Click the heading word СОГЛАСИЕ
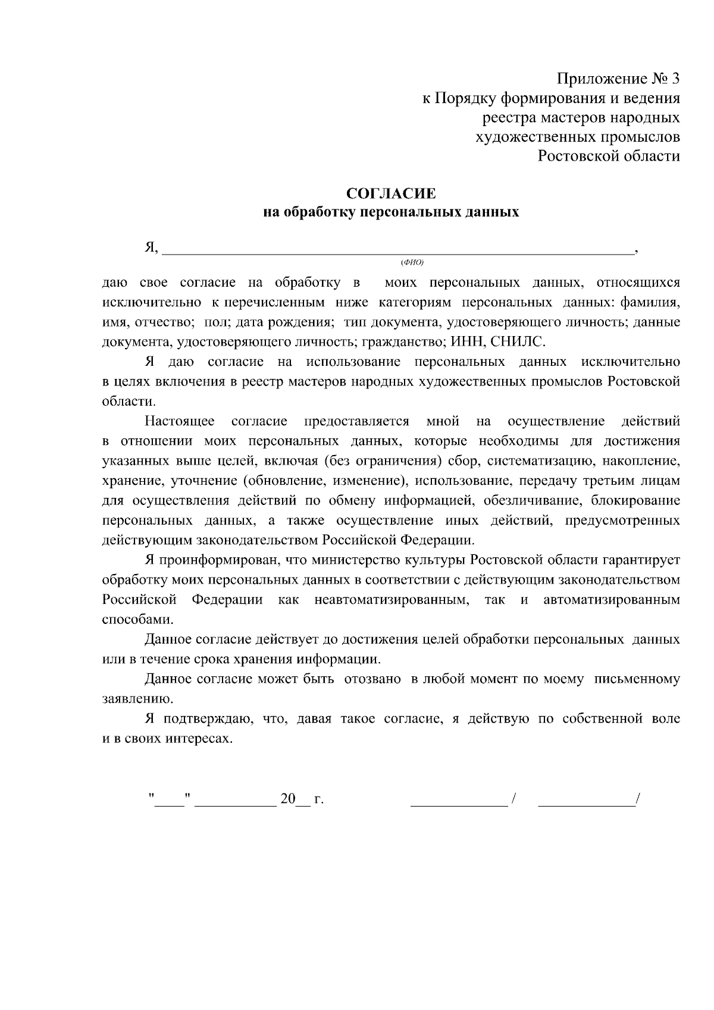tap(391, 194)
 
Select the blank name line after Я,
tap(397, 250)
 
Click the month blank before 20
tap(236, 799)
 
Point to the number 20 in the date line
tap(288, 799)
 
